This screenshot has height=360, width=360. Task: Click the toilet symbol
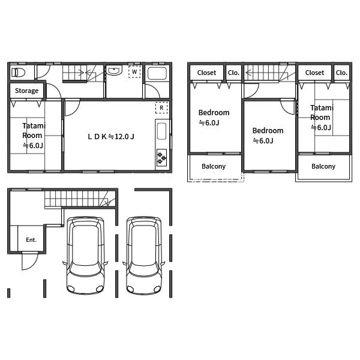18,73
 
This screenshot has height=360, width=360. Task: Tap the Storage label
26,91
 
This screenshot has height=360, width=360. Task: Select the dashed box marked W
134,71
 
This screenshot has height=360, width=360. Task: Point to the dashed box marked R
161,107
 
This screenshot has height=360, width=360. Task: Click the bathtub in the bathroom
157,73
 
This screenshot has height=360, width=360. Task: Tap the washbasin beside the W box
114,70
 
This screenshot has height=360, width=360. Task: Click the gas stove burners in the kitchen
161,157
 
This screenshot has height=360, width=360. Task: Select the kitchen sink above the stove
161,131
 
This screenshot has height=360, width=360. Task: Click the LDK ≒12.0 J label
111,137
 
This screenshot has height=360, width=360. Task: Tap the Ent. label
31,240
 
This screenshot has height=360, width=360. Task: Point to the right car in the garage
144,256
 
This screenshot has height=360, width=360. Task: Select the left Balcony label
214,166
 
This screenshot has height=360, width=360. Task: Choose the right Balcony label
323,166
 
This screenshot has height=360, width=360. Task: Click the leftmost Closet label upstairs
206,73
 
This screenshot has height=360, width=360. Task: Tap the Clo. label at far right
341,73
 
